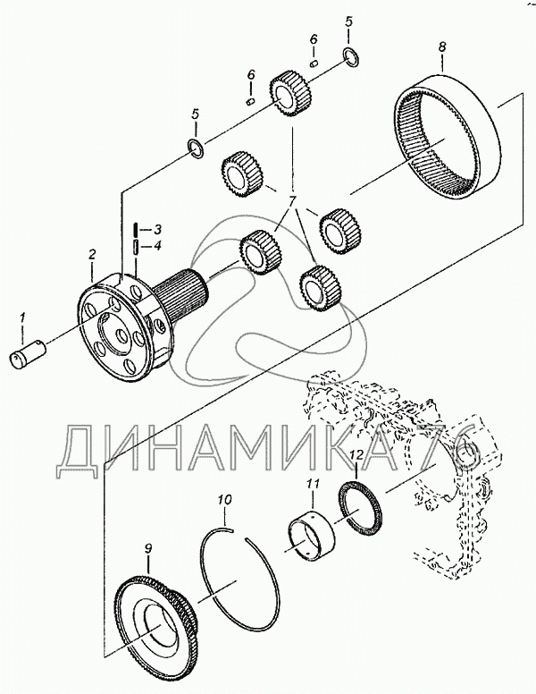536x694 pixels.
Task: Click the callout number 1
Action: (x=22, y=317)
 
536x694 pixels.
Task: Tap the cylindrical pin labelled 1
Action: (x=28, y=352)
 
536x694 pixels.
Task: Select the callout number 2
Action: (x=91, y=255)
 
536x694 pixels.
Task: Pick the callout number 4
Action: (x=156, y=245)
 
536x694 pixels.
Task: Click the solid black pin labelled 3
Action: (x=136, y=231)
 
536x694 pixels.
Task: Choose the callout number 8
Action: (x=443, y=47)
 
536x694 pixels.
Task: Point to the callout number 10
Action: (x=224, y=500)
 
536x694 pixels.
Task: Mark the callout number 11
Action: (x=313, y=485)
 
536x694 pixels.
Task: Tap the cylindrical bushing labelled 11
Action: (x=312, y=533)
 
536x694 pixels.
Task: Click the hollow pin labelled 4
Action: (x=136, y=246)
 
